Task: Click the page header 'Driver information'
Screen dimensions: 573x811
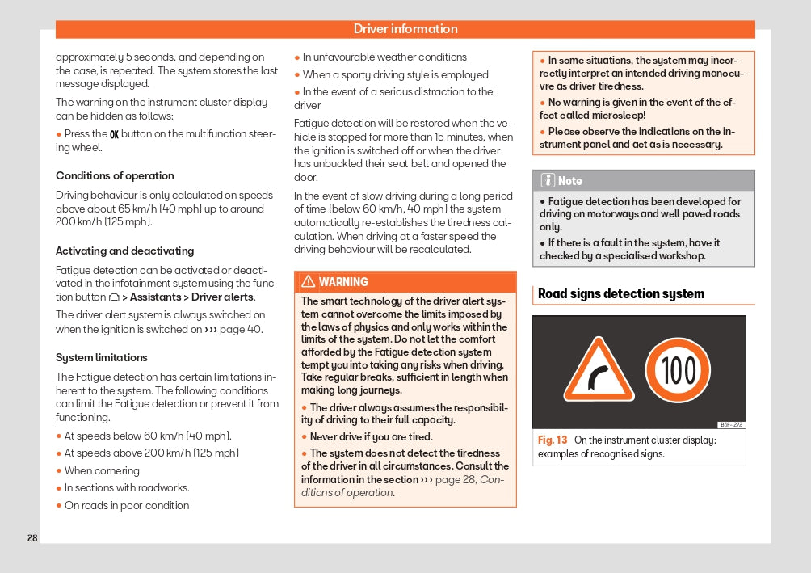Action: coord(405,29)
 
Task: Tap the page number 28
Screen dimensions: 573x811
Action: coord(32,538)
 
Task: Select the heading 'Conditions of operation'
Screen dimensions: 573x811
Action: coord(115,175)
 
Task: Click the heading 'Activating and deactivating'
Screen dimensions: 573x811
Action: coord(124,251)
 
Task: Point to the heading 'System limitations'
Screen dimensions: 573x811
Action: coord(101,357)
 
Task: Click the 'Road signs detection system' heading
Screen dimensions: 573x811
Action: coord(620,293)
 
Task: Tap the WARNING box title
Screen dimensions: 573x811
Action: coord(343,282)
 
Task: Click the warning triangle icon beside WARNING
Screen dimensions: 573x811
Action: coord(308,282)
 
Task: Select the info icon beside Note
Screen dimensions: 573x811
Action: coord(548,180)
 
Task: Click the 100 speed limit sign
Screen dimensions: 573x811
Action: coord(678,370)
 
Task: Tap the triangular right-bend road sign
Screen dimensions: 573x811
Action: coord(599,371)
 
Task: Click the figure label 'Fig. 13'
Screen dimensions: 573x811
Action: coord(553,440)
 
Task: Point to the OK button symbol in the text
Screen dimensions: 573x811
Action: coord(114,134)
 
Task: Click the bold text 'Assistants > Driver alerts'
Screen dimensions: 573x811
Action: coord(191,297)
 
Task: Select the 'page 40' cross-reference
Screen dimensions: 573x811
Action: coord(244,329)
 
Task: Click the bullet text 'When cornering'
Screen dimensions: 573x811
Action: coord(102,470)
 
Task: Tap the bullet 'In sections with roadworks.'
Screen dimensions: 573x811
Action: coord(127,487)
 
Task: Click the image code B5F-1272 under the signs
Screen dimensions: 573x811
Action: coord(731,425)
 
